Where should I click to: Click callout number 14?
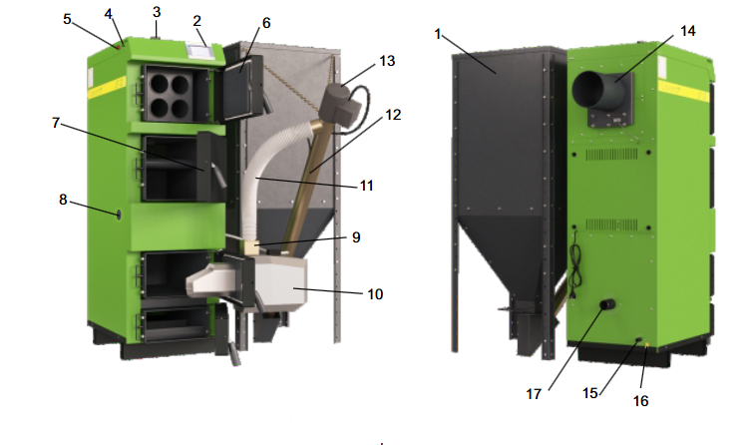pyautogui.click(x=687, y=31)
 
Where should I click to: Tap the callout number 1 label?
pyautogui.click(x=438, y=34)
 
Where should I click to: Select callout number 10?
pyautogui.click(x=375, y=293)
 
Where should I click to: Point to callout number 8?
pyautogui.click(x=63, y=200)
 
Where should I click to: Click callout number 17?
pyautogui.click(x=534, y=394)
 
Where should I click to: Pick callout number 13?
pyautogui.click(x=387, y=61)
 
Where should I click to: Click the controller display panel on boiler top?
pyautogui.click(x=196, y=50)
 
